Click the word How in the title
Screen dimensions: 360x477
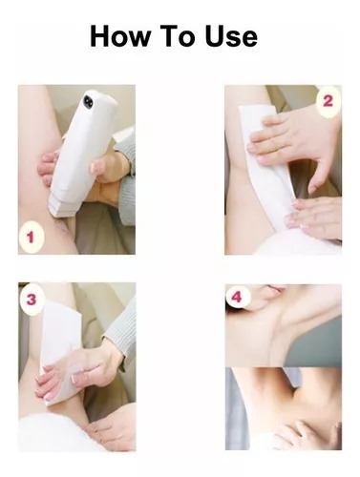(120, 36)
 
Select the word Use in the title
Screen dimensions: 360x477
(231, 36)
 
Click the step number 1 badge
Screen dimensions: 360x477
(31, 238)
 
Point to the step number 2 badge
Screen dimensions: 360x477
(328, 101)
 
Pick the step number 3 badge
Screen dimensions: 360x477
(31, 300)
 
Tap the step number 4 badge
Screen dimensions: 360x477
(237, 297)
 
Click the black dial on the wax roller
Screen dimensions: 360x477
(89, 100)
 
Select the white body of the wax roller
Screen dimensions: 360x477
(83, 146)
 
